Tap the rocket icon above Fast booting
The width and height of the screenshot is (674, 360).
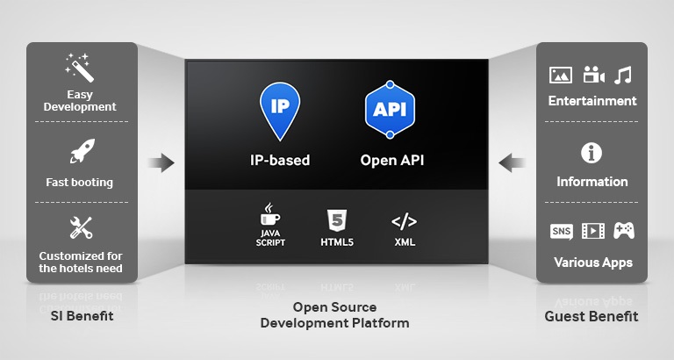click(x=82, y=152)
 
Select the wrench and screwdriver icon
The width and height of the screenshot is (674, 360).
click(x=81, y=228)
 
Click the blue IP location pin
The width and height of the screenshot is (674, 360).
click(x=279, y=111)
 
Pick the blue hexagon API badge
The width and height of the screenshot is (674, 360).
click(x=390, y=111)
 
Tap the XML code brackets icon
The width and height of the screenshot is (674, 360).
click(x=405, y=222)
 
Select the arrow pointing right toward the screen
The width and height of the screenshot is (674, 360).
click(x=161, y=162)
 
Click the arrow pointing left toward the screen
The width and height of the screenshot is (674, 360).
click(x=513, y=162)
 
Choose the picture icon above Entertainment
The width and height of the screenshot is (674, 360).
click(x=560, y=75)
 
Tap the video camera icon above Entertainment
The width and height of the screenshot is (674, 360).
click(x=593, y=75)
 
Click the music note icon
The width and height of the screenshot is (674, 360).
click(x=624, y=75)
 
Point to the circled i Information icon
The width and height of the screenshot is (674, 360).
click(x=592, y=154)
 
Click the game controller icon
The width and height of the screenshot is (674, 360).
click(x=624, y=231)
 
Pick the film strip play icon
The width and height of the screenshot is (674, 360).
click(x=593, y=231)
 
